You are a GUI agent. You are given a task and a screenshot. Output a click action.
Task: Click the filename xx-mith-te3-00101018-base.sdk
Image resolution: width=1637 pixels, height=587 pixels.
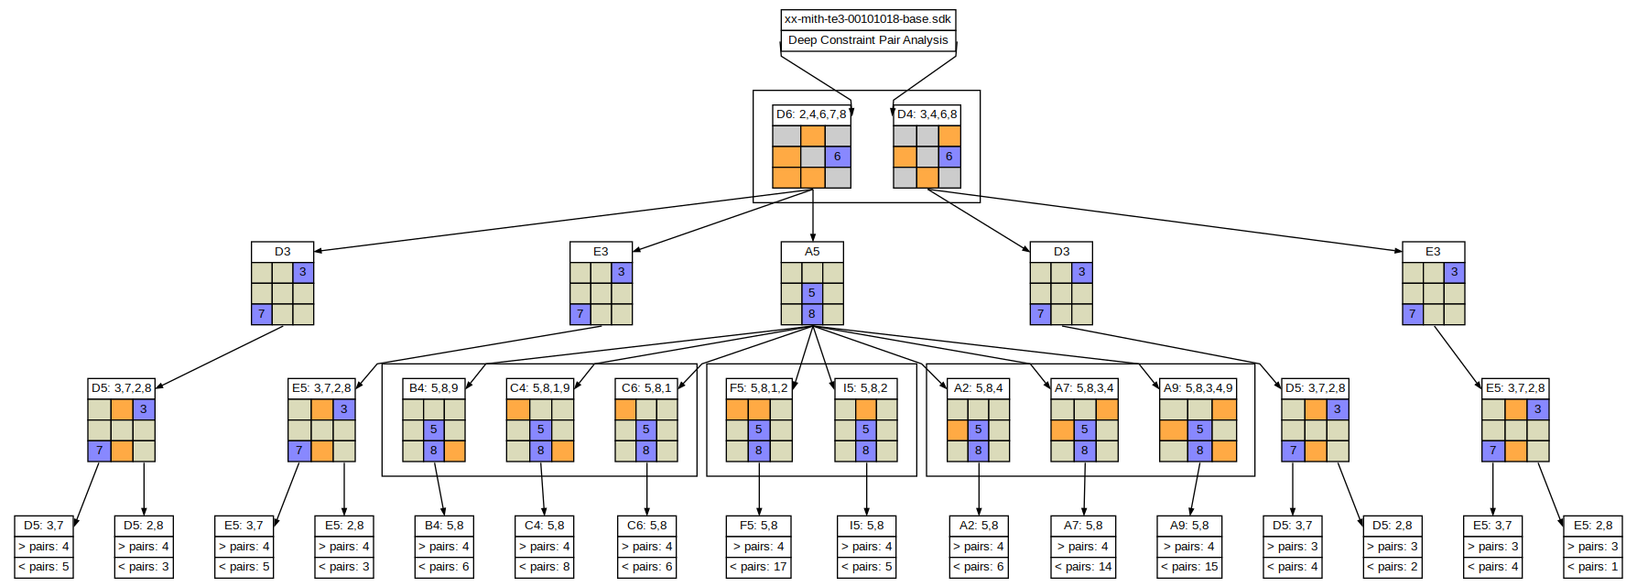click(x=868, y=19)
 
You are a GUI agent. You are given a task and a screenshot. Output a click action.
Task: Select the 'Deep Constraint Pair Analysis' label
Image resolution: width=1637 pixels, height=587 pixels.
click(x=868, y=40)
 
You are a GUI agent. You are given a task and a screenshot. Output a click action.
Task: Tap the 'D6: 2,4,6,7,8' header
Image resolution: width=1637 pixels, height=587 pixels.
click(x=811, y=114)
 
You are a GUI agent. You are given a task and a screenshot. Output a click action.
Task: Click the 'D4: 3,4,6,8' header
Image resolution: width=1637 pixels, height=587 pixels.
click(x=927, y=114)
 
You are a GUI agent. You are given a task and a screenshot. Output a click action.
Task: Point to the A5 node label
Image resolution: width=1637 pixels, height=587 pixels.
click(x=812, y=252)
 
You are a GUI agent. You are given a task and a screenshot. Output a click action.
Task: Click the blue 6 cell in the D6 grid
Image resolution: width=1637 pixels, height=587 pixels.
click(x=838, y=157)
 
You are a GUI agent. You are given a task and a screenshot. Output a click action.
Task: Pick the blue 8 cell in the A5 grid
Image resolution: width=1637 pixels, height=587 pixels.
click(x=812, y=314)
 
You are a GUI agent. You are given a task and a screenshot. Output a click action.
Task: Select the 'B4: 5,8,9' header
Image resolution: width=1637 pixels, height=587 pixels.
click(x=434, y=388)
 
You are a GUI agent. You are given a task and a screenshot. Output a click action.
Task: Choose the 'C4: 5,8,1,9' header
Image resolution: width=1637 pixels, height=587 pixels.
click(x=540, y=388)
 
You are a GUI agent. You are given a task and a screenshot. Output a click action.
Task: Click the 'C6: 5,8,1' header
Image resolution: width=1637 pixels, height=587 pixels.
click(x=646, y=388)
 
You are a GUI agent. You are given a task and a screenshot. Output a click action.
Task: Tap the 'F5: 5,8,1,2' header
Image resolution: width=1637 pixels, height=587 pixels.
click(x=759, y=388)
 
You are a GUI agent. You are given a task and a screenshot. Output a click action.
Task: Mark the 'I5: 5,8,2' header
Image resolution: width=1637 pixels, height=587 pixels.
click(x=865, y=388)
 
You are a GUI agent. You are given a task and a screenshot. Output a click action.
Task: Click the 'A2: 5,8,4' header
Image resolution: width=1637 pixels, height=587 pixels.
click(x=978, y=388)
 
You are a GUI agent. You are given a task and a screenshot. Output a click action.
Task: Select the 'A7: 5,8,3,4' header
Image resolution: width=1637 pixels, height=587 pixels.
click(x=1084, y=388)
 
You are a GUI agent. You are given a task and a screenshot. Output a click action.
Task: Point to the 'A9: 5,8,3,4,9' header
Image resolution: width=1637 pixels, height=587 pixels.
click(x=1198, y=388)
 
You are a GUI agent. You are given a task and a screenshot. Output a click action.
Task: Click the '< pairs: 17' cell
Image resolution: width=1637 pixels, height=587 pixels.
click(x=758, y=568)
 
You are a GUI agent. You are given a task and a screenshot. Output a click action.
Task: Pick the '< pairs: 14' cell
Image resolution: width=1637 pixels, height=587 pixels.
click(x=1085, y=568)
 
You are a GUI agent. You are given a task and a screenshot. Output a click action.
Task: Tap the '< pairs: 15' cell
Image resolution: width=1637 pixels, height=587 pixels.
click(x=1189, y=568)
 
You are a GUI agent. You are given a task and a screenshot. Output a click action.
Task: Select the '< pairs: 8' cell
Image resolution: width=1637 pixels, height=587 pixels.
click(x=545, y=568)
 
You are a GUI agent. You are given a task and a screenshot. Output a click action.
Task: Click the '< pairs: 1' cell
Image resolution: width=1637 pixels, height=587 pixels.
click(x=1594, y=568)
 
